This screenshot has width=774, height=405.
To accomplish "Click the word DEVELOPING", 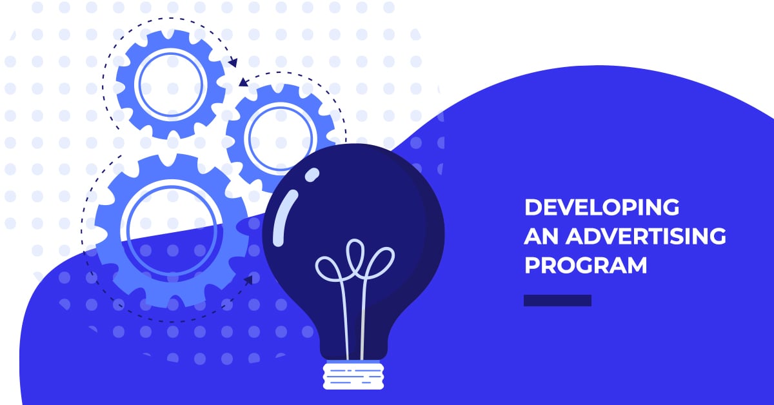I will tap(601, 208).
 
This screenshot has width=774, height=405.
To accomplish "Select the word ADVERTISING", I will tap(646, 237).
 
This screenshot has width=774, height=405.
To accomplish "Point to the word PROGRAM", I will tap(586, 265).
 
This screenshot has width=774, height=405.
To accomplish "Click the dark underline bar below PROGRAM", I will tap(557, 301).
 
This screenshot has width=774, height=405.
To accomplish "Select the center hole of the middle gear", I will tap(280, 137).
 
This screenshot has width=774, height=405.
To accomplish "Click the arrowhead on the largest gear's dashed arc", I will tap(248, 279).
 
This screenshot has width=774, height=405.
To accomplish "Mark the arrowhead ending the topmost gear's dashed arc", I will tap(233, 63).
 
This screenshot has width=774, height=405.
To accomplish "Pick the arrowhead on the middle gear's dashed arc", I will tap(243, 82).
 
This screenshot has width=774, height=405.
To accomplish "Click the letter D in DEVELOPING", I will tap(532, 208).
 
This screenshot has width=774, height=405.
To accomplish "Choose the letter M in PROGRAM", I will tap(634, 265).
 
